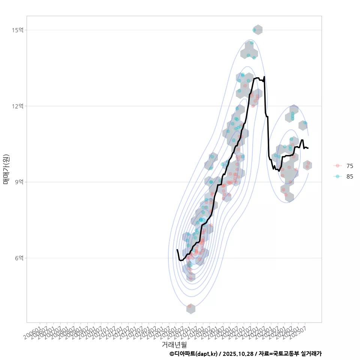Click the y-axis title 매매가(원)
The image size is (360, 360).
[x=6, y=169]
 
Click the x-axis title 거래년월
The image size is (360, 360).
[x=174, y=344]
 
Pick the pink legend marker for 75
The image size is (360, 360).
[x=338, y=166]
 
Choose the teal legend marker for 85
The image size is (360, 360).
[x=338, y=177]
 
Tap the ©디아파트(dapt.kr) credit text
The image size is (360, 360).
[x=193, y=354]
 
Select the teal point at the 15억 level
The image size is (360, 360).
[x=254, y=30]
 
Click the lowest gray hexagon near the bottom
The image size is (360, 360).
[x=190, y=308]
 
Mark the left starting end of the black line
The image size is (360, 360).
[x=177, y=249]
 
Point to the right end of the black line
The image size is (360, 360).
[x=308, y=148]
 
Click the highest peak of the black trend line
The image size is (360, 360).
[x=264, y=77]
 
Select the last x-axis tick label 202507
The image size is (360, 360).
[x=301, y=328]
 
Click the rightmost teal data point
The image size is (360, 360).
[x=305, y=123]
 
